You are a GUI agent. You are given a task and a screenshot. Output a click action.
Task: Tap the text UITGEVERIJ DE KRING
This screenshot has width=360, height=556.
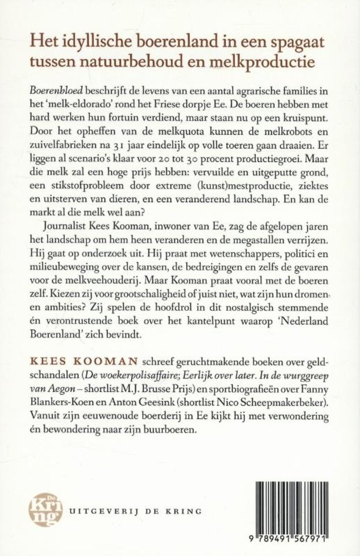click(x=135, y=512)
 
